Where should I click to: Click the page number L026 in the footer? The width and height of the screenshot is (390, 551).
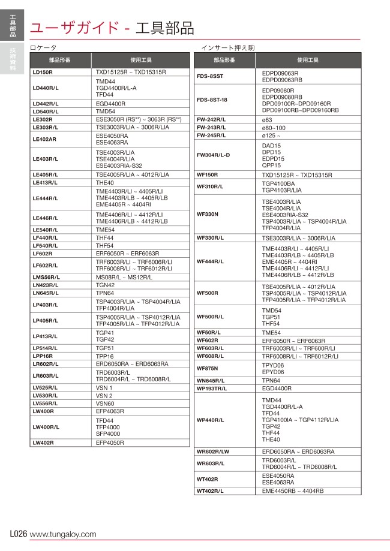(x=18, y=534)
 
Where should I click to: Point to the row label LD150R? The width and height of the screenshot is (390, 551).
(x=43, y=72)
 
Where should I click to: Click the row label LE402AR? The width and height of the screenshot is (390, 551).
(x=44, y=139)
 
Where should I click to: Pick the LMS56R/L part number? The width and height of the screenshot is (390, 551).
(x=47, y=277)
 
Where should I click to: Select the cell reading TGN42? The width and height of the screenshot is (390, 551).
(x=105, y=285)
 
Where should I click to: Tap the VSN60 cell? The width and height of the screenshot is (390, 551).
(x=105, y=404)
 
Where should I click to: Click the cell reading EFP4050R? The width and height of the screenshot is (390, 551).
(x=110, y=442)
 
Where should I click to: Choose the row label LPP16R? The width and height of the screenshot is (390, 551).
(x=43, y=356)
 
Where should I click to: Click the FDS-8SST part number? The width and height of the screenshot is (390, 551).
(x=210, y=76)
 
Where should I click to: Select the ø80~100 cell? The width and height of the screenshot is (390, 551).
(x=274, y=128)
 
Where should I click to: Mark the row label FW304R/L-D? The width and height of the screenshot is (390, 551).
(x=214, y=155)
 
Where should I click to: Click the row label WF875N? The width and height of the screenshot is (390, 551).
(x=208, y=368)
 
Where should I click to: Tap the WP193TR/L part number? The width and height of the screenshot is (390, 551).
(x=212, y=388)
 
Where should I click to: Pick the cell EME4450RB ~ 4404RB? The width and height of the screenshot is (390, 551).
(x=293, y=490)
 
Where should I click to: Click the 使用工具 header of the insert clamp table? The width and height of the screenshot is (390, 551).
(x=308, y=60)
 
